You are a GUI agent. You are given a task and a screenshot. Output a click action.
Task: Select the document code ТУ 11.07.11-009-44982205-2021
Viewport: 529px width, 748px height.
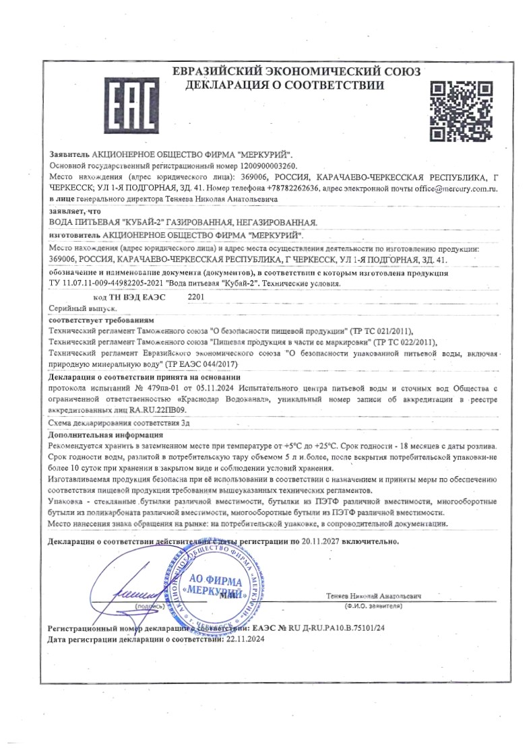pos(109,283)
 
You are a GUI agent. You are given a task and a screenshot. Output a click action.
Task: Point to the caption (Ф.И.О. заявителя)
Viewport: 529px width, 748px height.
pos(373,606)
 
